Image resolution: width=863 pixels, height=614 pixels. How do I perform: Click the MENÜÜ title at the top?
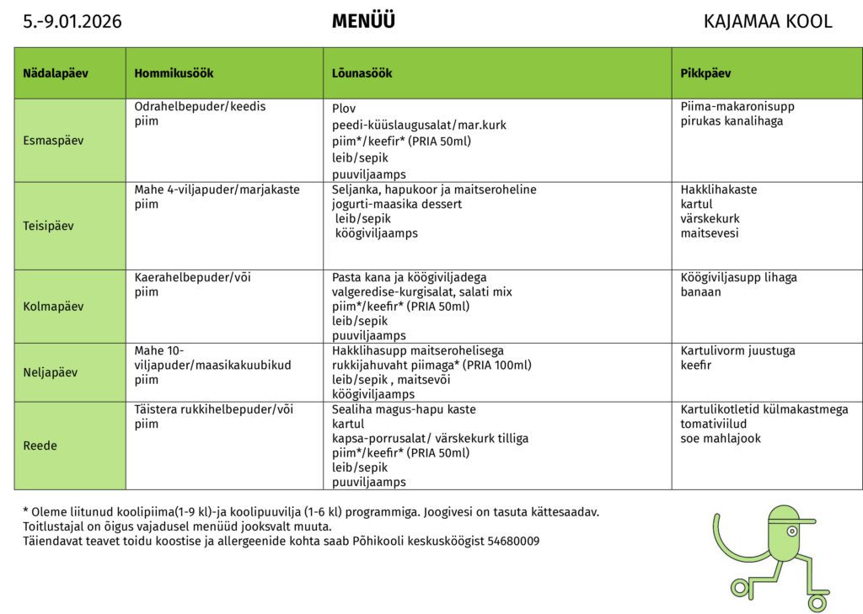click(x=363, y=22)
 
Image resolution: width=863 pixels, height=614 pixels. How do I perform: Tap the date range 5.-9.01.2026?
click(x=72, y=22)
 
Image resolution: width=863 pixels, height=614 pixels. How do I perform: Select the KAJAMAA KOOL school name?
click(x=767, y=22)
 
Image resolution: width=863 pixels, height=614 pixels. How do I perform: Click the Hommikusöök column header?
click(x=174, y=73)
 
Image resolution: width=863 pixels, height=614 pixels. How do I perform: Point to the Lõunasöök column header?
click(x=362, y=73)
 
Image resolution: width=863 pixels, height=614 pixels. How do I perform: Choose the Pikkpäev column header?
click(x=705, y=73)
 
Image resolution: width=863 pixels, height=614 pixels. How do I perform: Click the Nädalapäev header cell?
click(x=56, y=73)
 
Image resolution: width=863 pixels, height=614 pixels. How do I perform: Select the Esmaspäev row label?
click(x=53, y=141)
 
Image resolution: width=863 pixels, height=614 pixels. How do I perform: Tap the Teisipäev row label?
click(x=49, y=226)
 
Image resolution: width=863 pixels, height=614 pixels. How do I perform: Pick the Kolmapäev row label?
click(x=53, y=307)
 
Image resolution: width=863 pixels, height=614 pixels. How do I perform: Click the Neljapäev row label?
click(x=51, y=372)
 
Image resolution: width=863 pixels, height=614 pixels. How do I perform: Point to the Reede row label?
click(x=40, y=446)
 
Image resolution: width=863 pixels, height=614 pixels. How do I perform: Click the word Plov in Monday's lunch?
click(x=344, y=109)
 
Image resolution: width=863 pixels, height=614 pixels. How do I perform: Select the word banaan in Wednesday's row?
click(x=700, y=292)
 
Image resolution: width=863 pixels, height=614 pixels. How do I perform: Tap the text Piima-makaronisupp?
click(x=737, y=107)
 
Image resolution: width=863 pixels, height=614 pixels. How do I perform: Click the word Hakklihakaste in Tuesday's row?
click(x=719, y=190)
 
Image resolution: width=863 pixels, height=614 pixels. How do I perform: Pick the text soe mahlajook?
click(x=721, y=438)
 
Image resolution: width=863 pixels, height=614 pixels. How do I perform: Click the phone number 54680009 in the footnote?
click(x=513, y=541)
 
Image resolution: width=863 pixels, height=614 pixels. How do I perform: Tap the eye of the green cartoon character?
click(x=792, y=531)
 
